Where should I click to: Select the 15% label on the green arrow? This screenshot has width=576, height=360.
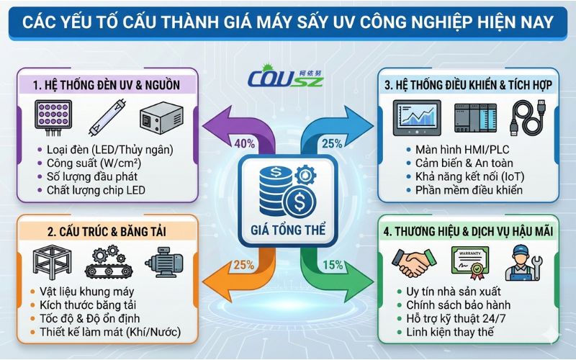tap(333, 264)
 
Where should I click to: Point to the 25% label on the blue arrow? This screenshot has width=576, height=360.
tap(332, 143)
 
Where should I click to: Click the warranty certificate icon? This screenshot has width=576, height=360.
tap(468, 261)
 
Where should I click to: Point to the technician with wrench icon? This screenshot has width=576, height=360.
tap(523, 261)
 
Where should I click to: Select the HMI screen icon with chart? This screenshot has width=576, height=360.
tap(417, 117)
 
